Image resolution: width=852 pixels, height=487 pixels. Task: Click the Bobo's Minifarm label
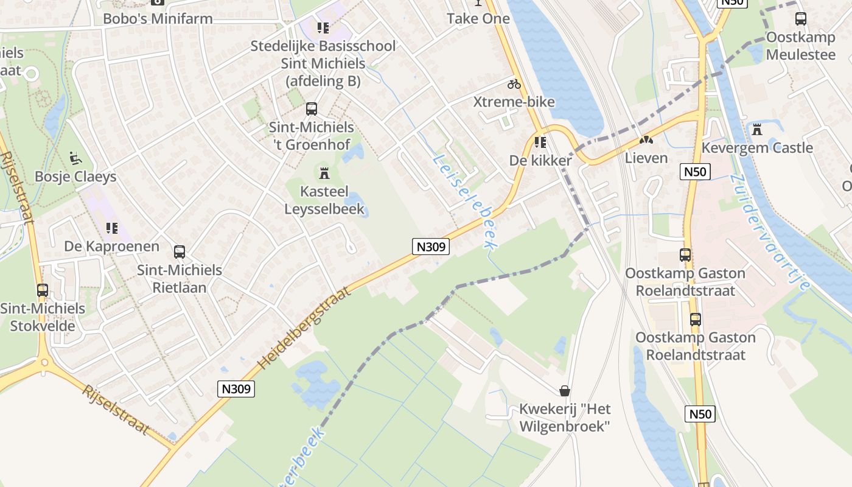(158, 18)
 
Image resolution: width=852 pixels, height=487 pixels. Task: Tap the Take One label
(478, 18)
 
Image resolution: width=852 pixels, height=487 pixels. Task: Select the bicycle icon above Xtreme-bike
(514, 84)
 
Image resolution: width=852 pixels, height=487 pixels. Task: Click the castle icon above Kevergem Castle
(757, 130)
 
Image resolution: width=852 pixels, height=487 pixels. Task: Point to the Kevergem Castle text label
(757, 148)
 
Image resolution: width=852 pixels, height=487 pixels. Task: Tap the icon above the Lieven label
(646, 140)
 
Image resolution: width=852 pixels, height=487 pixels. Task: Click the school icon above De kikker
(540, 142)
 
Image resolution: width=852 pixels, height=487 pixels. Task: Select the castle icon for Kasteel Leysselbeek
(324, 173)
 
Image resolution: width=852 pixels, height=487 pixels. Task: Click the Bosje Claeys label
(75, 177)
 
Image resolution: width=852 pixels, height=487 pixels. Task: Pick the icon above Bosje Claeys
(75, 158)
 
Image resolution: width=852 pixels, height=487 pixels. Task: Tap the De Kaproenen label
(112, 247)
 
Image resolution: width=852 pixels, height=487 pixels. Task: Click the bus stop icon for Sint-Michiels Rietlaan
(180, 252)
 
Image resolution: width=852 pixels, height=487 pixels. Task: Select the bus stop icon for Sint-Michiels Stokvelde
(43, 290)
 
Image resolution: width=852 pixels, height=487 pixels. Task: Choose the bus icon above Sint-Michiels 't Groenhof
(312, 109)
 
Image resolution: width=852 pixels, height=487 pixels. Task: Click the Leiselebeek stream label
(464, 201)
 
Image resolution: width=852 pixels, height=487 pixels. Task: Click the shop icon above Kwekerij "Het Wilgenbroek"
(565, 390)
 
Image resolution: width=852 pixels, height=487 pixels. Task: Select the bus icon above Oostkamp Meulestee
(801, 19)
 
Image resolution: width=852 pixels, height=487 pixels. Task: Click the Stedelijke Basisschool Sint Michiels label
(323, 63)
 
